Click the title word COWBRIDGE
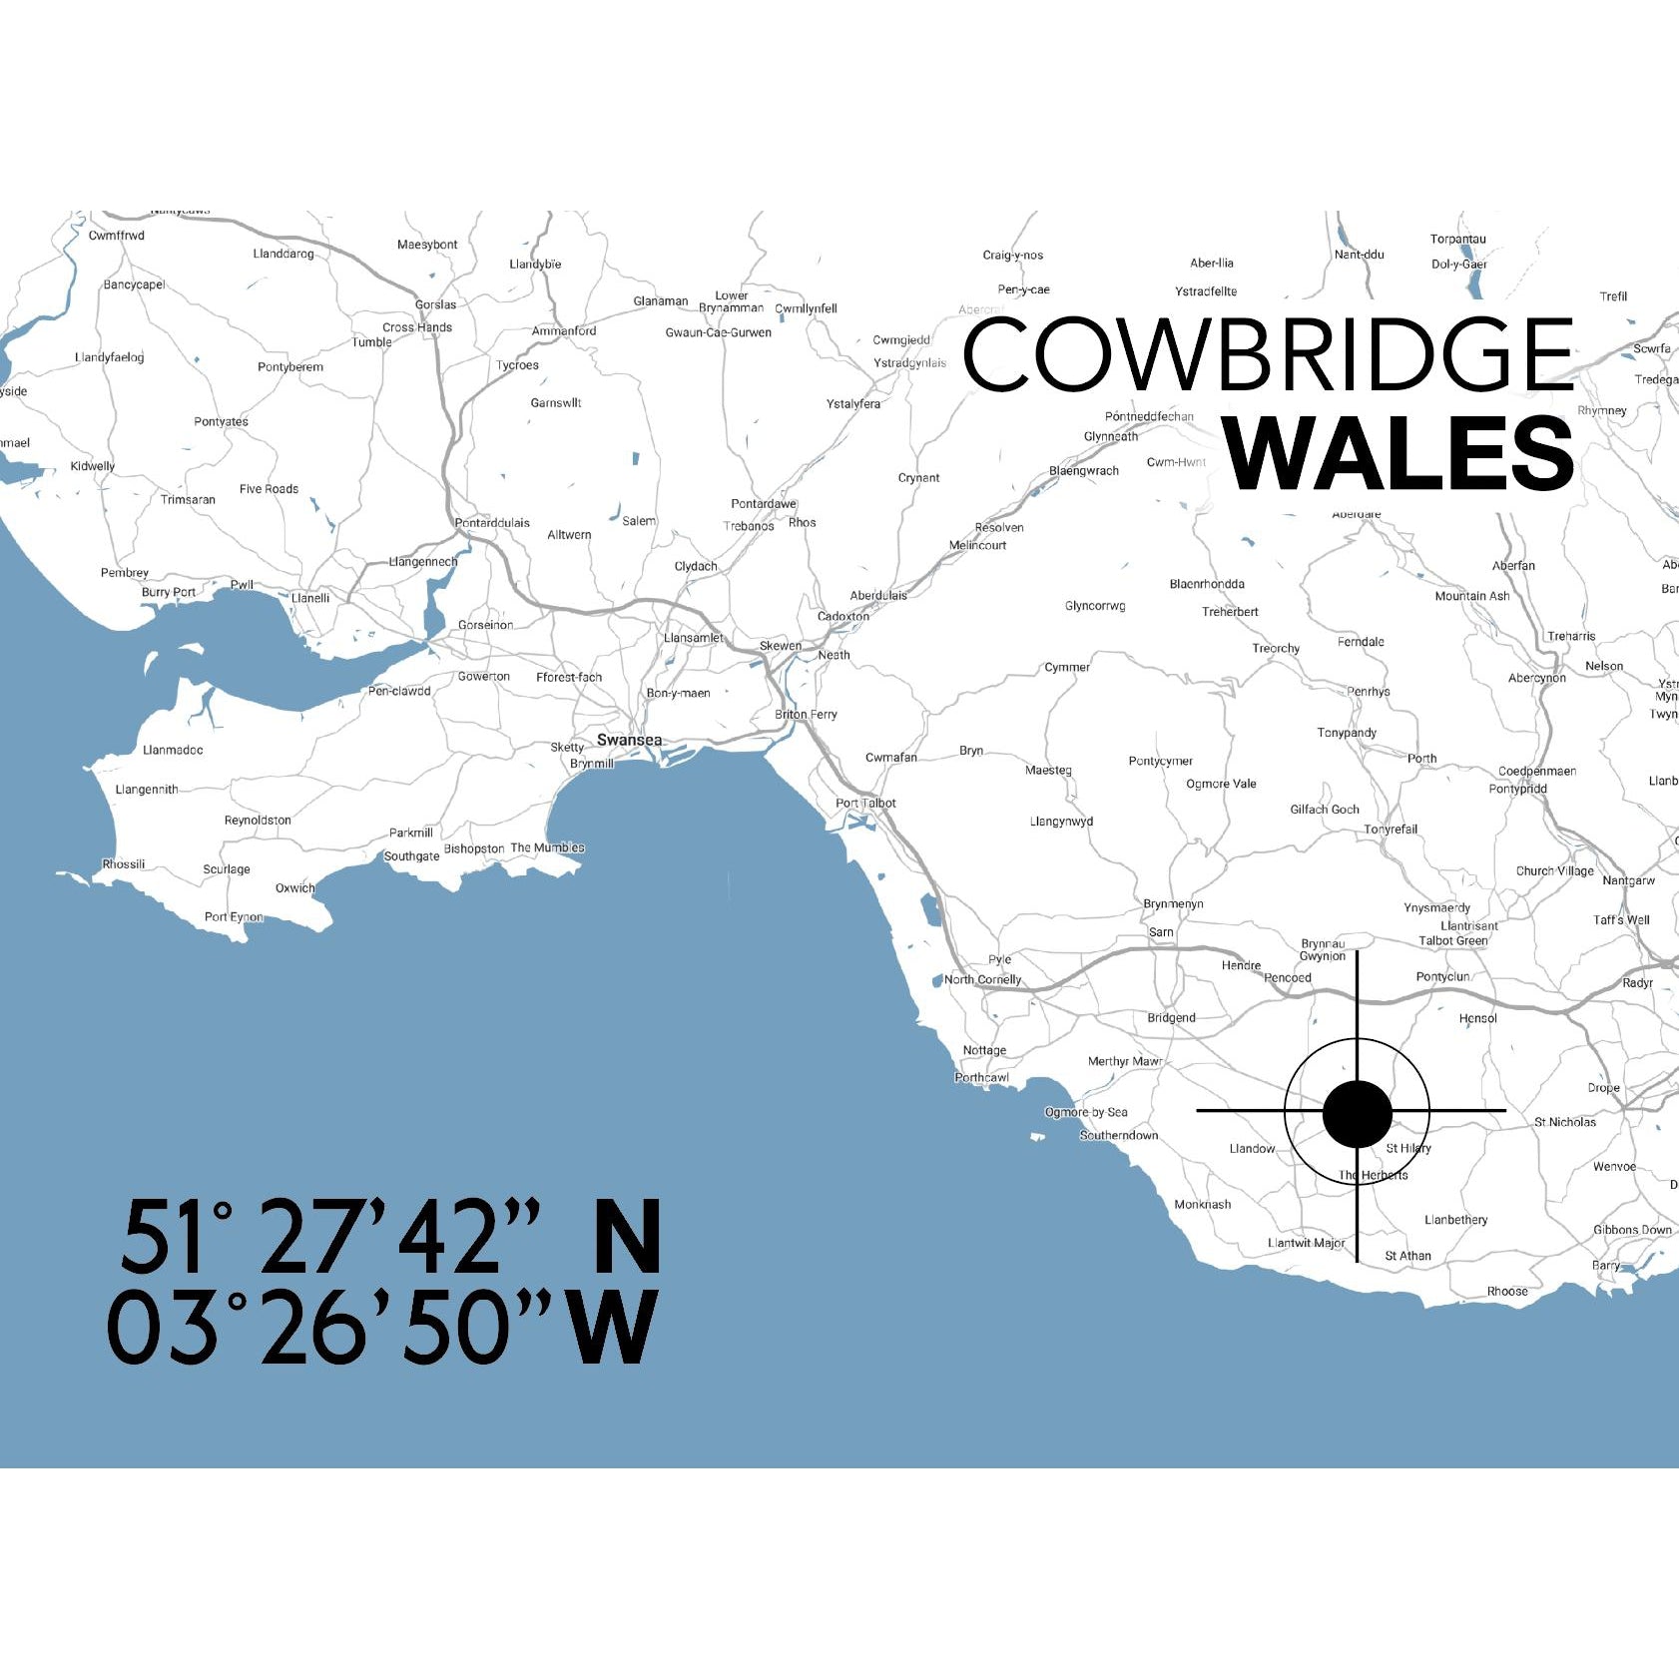[x=1268, y=354]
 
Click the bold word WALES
[x=1399, y=454]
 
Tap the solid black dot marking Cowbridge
[x=1357, y=1113]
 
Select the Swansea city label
[x=629, y=740]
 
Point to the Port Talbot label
[x=865, y=804]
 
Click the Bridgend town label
[x=1171, y=1018]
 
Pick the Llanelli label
[x=310, y=598]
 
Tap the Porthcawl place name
[x=981, y=1078]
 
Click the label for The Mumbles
[x=547, y=848]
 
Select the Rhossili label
[x=124, y=864]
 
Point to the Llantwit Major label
[x=1306, y=1244]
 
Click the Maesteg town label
[x=1048, y=771]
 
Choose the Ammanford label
[x=564, y=331]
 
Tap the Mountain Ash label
[x=1471, y=597]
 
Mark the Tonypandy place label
[x=1347, y=733]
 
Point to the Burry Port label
[x=169, y=593]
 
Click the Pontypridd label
[x=1517, y=789]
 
